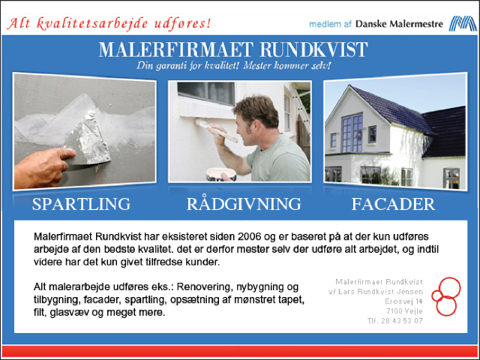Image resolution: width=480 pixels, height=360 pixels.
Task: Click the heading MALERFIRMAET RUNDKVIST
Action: click(x=233, y=49)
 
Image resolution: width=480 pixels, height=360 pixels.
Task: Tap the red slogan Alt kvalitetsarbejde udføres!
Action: click(x=109, y=24)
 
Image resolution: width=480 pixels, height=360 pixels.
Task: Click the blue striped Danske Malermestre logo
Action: click(x=462, y=23)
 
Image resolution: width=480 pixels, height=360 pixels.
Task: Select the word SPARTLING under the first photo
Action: click(x=81, y=204)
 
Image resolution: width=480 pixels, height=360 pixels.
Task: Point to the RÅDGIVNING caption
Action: click(x=244, y=203)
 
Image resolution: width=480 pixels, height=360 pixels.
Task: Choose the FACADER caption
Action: click(x=393, y=204)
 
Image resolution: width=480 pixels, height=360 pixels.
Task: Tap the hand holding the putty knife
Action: click(x=43, y=166)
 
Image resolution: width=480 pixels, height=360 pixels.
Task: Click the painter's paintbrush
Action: click(x=216, y=130)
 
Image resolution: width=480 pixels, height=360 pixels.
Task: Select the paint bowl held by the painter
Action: click(x=221, y=174)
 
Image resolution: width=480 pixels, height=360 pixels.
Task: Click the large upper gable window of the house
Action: click(x=352, y=132)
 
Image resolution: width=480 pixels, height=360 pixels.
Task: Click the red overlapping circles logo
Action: click(x=446, y=296)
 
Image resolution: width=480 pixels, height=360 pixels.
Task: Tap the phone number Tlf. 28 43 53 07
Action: click(x=395, y=321)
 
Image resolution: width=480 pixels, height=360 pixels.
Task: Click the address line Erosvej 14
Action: click(x=403, y=301)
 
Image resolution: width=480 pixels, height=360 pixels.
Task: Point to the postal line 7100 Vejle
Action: click(x=404, y=311)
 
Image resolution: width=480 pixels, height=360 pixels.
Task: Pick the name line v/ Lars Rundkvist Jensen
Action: click(x=376, y=292)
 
